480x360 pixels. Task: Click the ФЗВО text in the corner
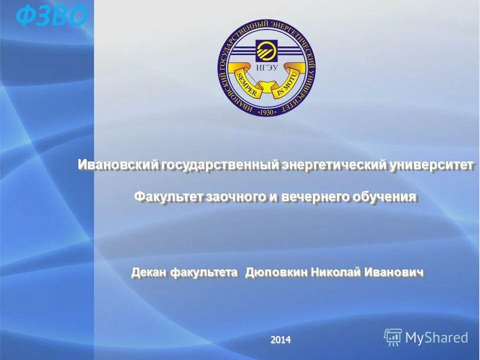tap(51, 16)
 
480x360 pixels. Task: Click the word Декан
tap(149, 272)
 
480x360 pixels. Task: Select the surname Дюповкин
tap(276, 272)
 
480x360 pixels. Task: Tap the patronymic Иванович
tap(394, 272)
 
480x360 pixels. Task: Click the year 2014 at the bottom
tap(280, 340)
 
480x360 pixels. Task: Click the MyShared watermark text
tap(436, 337)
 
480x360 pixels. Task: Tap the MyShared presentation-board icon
tap(393, 337)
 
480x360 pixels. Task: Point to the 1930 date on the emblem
tap(267, 112)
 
